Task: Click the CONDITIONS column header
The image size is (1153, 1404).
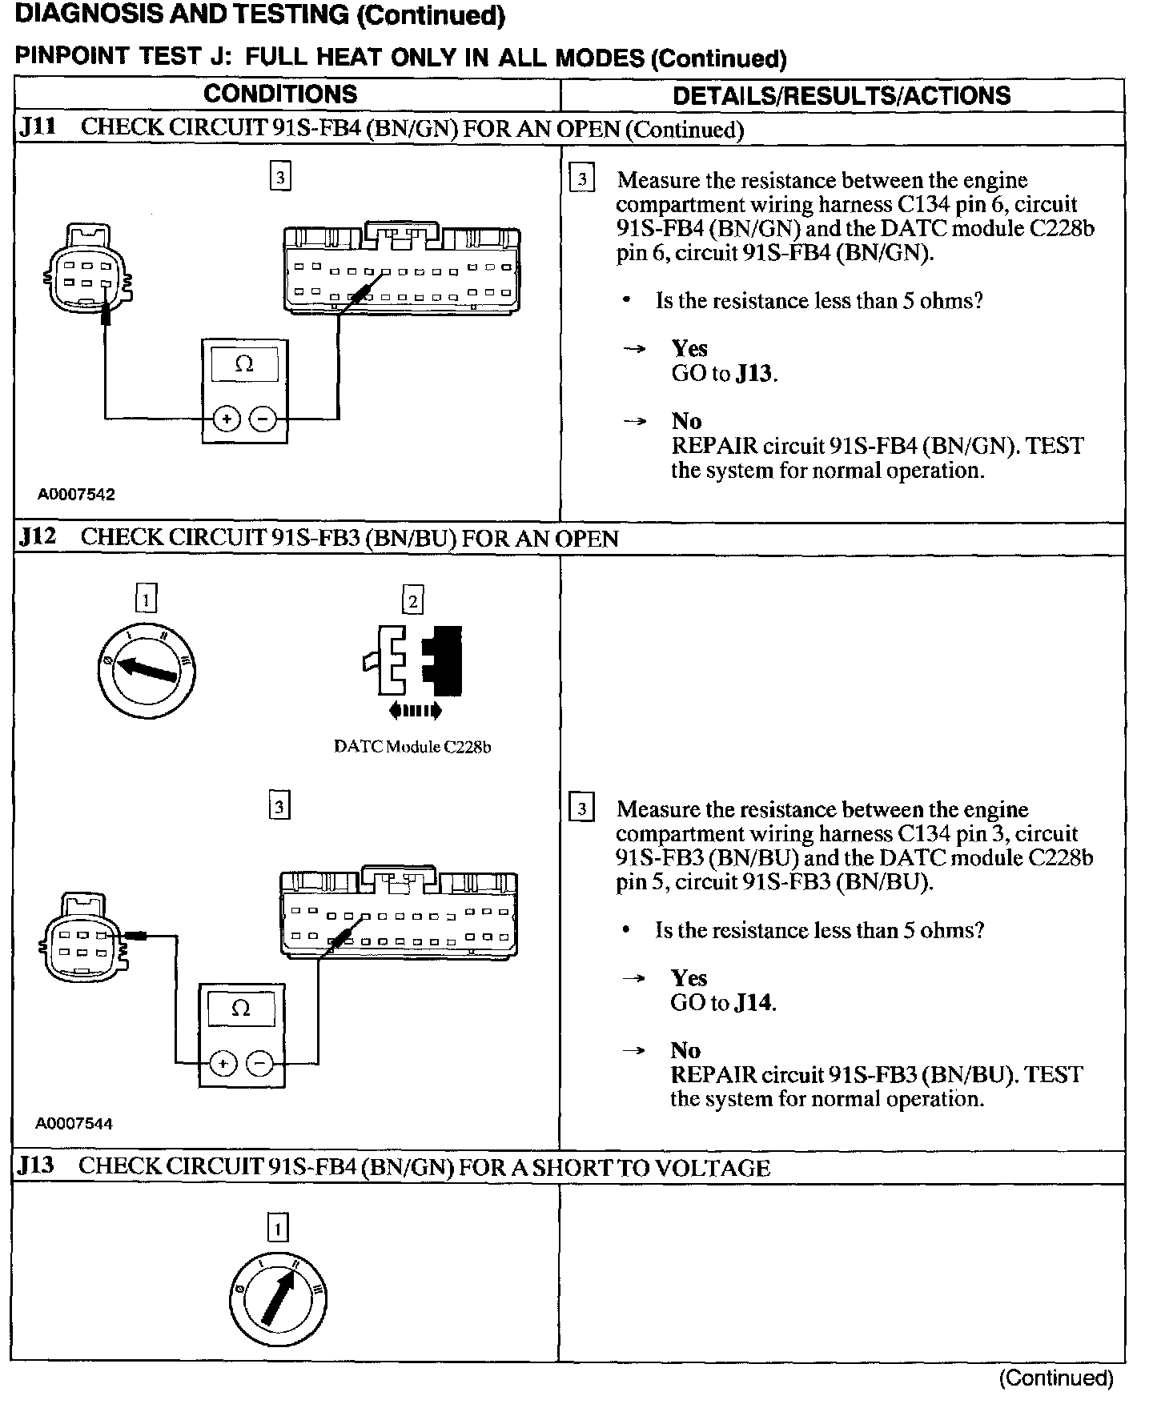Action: (280, 94)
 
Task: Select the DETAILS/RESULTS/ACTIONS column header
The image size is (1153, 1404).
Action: (842, 96)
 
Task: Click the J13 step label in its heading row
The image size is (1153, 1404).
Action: (37, 1166)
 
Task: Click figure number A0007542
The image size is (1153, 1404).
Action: (76, 495)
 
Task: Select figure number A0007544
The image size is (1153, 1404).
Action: (74, 1124)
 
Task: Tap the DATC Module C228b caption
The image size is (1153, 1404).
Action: (412, 747)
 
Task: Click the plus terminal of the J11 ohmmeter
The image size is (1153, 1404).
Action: (227, 418)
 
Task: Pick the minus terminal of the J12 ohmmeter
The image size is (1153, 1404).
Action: (259, 1063)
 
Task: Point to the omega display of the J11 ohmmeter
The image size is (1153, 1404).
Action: (244, 365)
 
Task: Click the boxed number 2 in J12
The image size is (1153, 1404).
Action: (412, 600)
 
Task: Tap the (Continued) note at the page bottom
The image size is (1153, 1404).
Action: (1056, 1378)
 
